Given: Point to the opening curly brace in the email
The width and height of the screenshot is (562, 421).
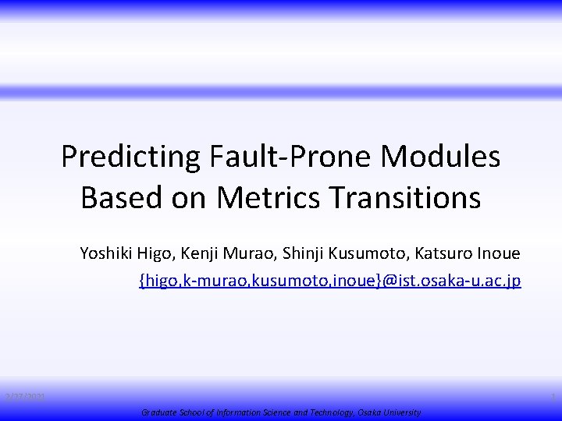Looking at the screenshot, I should pos(142,280).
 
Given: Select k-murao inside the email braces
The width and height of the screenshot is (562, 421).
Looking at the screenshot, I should pos(210,280).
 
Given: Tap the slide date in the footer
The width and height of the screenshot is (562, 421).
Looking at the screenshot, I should pos(24,398).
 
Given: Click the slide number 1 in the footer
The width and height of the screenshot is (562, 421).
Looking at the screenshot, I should pos(553,398).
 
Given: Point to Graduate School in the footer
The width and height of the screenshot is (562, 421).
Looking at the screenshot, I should pos(168,412).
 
